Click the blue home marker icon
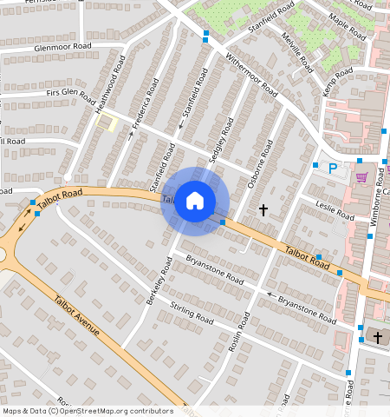[x=195, y=202]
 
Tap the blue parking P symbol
[x=331, y=168]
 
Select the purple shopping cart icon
[x=361, y=176]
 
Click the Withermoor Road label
[x=250, y=75]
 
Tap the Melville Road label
[x=296, y=51]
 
